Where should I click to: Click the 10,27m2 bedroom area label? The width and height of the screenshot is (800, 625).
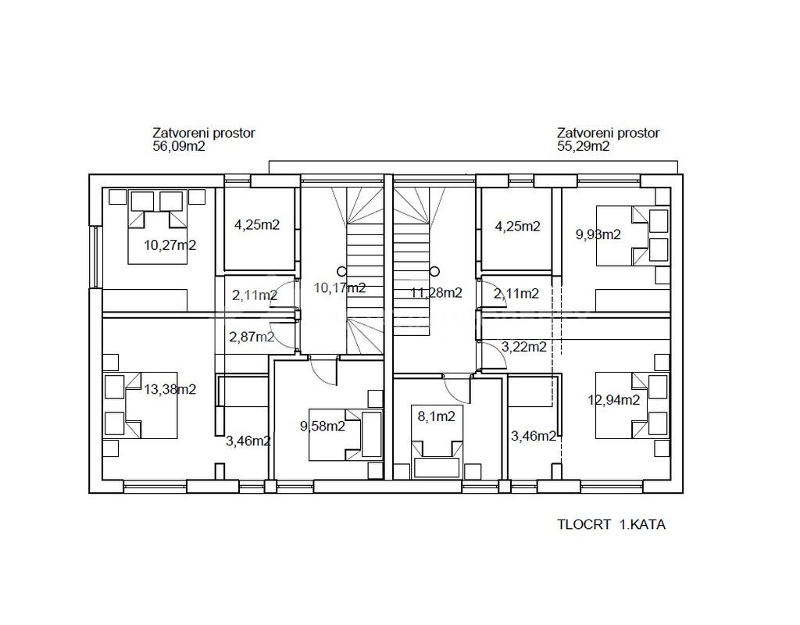[x=170, y=245]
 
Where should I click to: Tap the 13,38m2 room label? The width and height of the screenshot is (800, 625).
[x=170, y=389]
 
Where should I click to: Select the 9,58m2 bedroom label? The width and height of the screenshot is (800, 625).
[x=323, y=426]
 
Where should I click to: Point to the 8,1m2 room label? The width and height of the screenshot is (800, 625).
[x=436, y=416]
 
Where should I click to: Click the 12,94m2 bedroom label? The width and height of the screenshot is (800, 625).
[x=614, y=400]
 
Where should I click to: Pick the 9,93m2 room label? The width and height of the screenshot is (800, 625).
[x=598, y=234]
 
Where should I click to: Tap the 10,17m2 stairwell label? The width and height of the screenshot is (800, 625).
[x=340, y=287]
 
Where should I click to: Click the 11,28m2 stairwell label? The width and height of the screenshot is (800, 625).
[x=437, y=293]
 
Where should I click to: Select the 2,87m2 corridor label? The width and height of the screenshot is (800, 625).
[x=252, y=337]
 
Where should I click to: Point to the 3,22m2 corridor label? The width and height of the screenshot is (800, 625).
[x=524, y=347]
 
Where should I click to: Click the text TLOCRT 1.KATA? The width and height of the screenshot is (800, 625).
[x=611, y=524]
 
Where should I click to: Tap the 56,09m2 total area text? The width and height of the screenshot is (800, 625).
[x=179, y=146]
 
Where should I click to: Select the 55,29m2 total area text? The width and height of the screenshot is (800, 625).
[x=583, y=146]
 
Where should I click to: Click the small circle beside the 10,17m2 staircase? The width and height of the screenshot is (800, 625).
[x=341, y=271]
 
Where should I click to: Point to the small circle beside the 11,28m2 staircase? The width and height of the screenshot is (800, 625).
[x=434, y=271]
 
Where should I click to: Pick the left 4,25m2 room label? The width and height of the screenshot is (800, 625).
[x=257, y=225]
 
